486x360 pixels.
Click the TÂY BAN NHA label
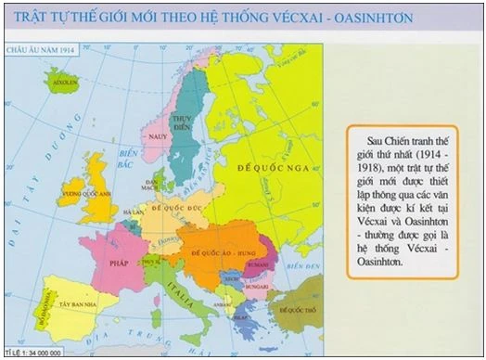(x=77, y=303)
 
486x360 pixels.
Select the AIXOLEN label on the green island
(x=65, y=82)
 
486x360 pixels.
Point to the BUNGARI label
(x=248, y=286)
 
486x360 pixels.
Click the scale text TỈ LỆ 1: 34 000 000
(x=33, y=353)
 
